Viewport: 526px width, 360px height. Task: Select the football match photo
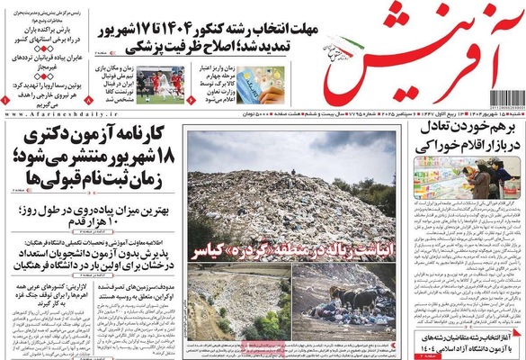point(163,86)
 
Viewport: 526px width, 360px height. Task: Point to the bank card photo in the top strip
point(241,86)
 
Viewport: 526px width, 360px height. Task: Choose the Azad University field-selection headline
point(468,338)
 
